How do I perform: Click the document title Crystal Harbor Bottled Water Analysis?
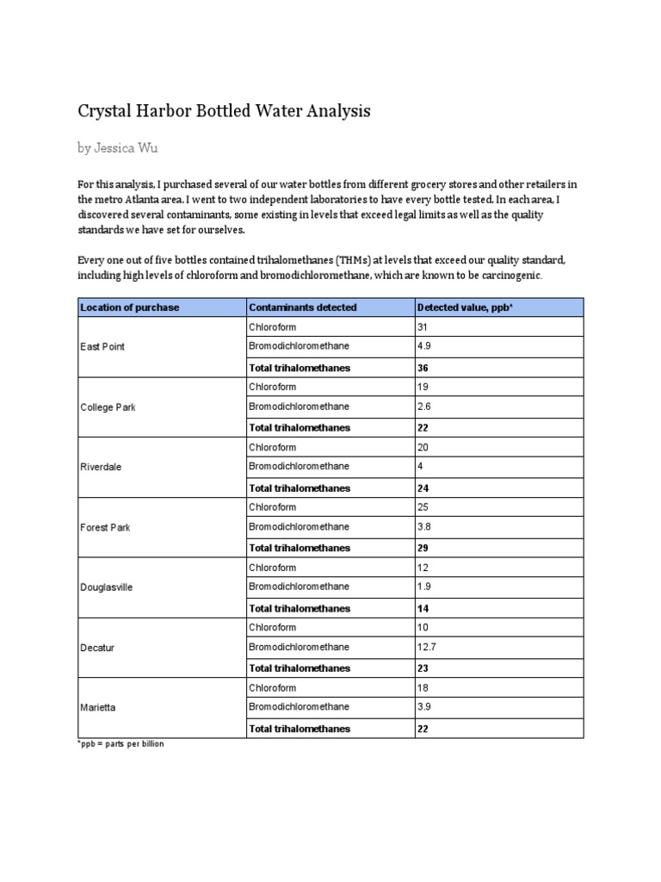(x=224, y=111)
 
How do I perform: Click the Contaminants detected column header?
(x=302, y=307)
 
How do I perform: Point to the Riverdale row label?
(x=101, y=467)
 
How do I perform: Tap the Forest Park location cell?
(x=105, y=527)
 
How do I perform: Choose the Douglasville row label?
(x=107, y=587)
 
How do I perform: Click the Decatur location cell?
(x=96, y=648)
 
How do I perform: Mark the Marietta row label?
(x=98, y=707)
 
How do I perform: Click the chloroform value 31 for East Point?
(x=423, y=327)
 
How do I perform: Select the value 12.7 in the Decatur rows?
(x=426, y=648)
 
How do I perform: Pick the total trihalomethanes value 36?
(x=423, y=368)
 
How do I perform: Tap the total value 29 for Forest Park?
(x=423, y=548)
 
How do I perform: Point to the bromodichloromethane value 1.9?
(x=424, y=587)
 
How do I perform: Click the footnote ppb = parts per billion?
(x=120, y=743)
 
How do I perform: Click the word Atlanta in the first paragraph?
(x=141, y=199)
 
